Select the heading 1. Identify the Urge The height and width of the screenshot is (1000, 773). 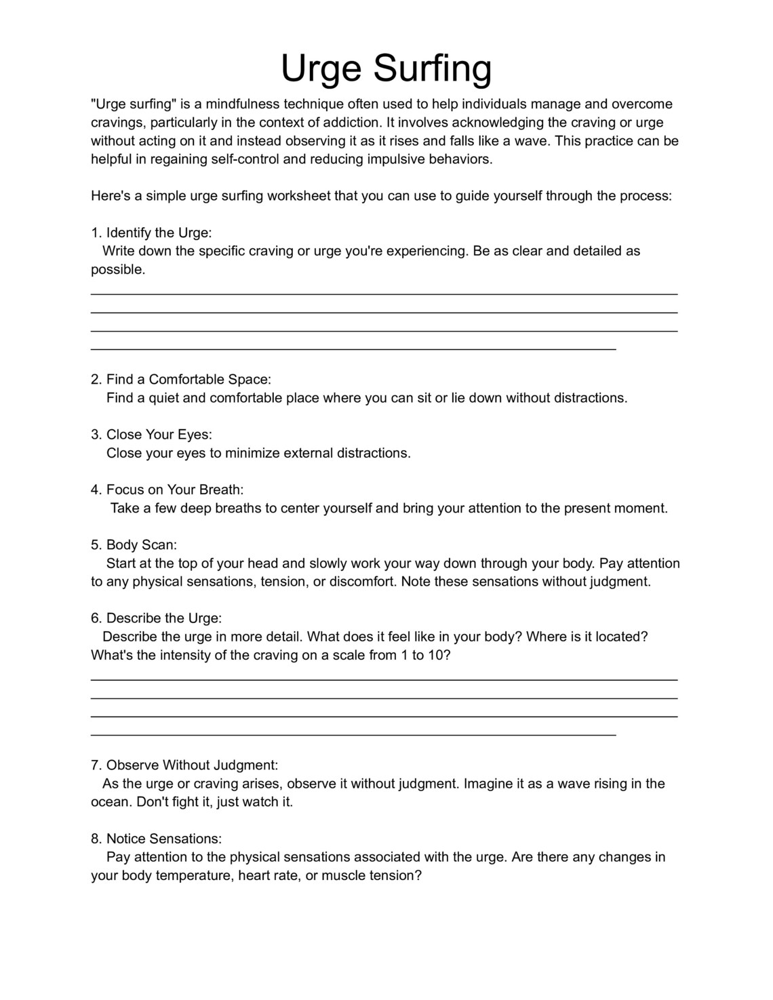click(x=151, y=233)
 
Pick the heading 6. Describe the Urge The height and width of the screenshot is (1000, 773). click(x=156, y=618)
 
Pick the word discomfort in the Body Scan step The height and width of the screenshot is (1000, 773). click(x=361, y=582)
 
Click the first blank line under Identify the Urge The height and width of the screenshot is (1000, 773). click(x=384, y=294)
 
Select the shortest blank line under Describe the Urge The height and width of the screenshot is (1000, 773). click(x=353, y=734)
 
